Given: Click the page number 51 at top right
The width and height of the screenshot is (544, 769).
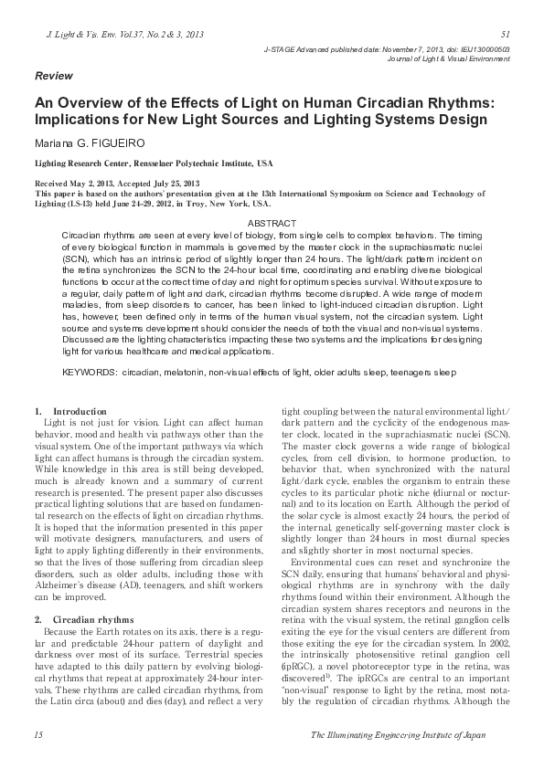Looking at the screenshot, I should coord(506,34).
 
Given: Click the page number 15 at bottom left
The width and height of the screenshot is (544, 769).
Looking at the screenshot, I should coord(37,734).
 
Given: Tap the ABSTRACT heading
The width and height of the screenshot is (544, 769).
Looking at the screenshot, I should coord(272,224).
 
